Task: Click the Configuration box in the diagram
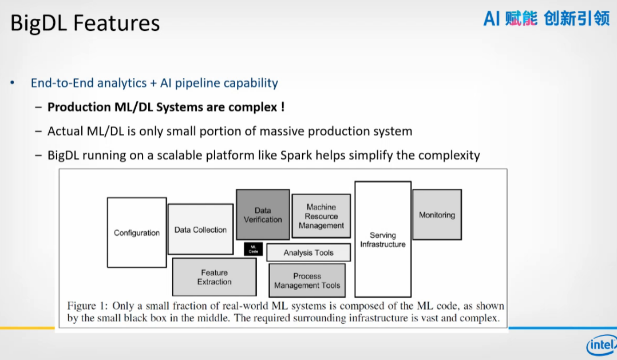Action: [x=137, y=232]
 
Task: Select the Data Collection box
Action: [x=200, y=230]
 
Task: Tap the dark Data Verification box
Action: [x=263, y=215]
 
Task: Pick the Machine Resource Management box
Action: [x=321, y=216]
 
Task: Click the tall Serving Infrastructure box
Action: [x=383, y=239]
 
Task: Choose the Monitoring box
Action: [x=437, y=215]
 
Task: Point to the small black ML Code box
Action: [x=254, y=249]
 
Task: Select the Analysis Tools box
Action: [x=308, y=252]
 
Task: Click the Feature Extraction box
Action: [x=214, y=277]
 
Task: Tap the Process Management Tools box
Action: [x=307, y=280]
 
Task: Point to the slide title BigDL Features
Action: [x=85, y=23]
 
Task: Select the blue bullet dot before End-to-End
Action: [x=12, y=83]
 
